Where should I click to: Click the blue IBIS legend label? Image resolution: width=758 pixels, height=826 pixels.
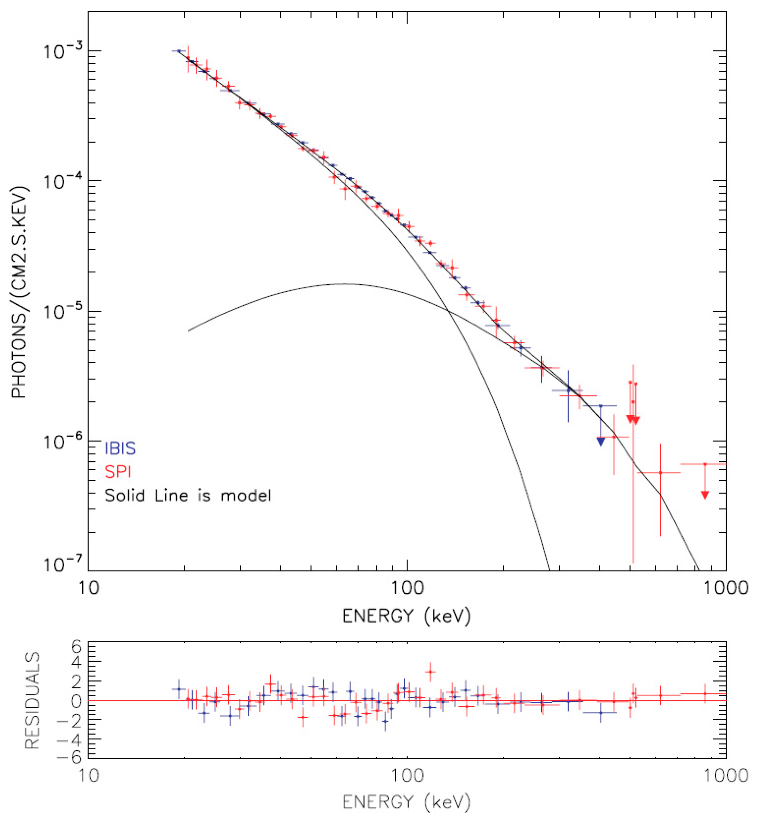coord(120,448)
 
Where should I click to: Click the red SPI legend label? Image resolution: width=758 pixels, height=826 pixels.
coord(118,472)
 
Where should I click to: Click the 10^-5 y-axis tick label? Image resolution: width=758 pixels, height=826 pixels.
coord(61,312)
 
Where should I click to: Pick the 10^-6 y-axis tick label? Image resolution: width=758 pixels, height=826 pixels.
coord(61,442)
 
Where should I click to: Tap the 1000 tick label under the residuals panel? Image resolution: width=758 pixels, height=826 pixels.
coord(725,775)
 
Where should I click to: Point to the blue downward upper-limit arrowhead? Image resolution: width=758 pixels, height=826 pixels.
coord(600,442)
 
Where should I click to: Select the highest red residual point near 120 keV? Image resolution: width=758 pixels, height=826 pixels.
coord(430,672)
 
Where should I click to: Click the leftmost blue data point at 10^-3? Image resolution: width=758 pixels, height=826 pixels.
coord(178,51)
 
